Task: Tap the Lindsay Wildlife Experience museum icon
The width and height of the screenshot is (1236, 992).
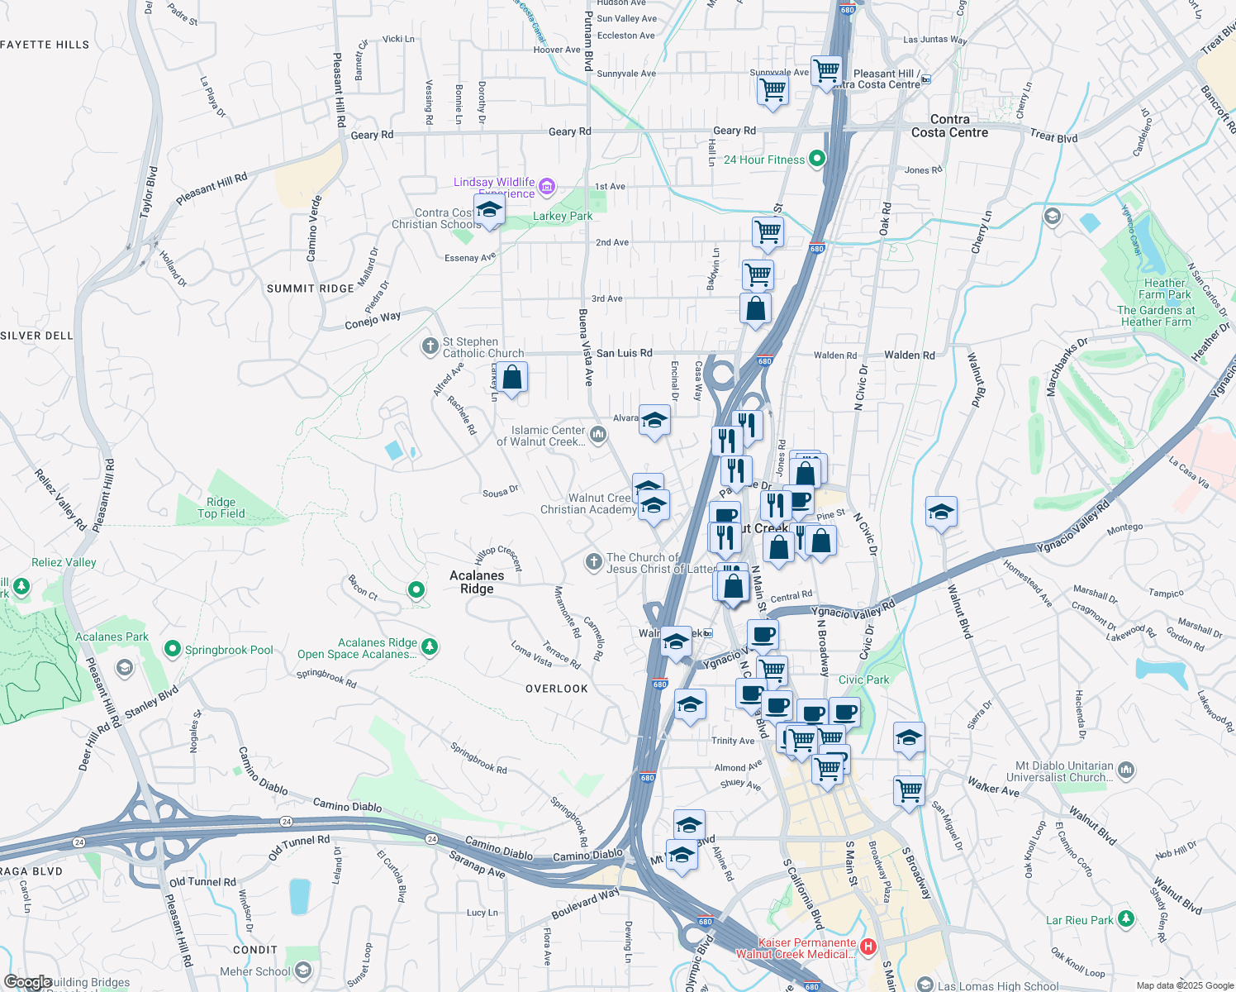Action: point(546,188)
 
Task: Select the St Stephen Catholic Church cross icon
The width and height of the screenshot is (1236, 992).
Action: point(430,346)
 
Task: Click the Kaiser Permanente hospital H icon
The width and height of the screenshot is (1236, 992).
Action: point(868,947)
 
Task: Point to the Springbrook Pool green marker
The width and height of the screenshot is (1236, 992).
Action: point(173,649)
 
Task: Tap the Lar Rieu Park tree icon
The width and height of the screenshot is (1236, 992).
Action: point(1125,919)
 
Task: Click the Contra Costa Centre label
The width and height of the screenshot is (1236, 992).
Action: point(949,126)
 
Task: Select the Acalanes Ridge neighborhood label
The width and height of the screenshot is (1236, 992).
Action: point(477,582)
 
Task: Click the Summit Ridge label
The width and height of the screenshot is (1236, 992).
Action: point(311,289)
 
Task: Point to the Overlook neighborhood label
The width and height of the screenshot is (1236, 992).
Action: point(557,689)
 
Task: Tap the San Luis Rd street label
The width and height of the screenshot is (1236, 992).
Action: point(624,353)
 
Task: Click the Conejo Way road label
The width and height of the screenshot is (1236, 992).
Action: point(373,320)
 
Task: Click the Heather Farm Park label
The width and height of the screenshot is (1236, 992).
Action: point(1164,289)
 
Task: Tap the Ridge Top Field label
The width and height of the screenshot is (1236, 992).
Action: point(221,508)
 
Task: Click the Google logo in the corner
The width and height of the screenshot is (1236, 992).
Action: point(28,982)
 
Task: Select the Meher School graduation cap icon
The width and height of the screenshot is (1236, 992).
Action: point(303,971)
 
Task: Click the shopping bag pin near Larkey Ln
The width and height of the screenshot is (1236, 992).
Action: point(512,378)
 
